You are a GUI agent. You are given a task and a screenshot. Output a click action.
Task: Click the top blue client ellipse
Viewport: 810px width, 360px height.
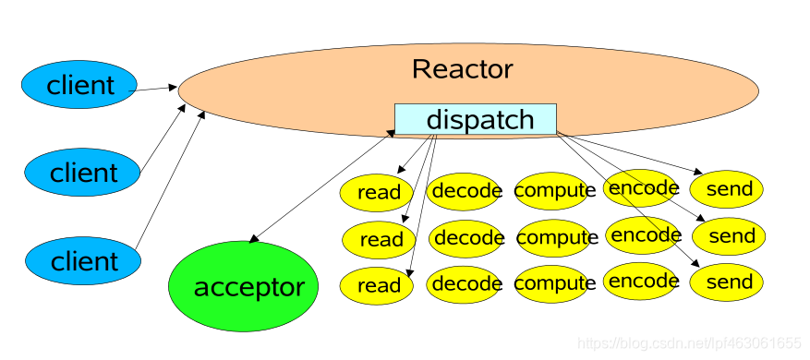80,86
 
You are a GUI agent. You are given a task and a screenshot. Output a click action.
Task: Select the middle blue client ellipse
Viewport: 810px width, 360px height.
83,172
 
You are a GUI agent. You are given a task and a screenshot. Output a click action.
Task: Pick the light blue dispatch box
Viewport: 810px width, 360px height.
476,120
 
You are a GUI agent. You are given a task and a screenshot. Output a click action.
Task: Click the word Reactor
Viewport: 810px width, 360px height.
462,69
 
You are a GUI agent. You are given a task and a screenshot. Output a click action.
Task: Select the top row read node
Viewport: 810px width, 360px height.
378,192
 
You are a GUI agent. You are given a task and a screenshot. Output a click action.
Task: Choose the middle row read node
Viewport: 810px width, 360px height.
380,240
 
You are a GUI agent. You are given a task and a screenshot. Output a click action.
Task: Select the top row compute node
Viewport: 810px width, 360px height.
555,191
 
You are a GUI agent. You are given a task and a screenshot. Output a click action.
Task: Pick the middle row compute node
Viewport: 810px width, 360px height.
557,238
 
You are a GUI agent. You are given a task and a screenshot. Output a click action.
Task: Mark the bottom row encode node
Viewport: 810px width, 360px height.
645,281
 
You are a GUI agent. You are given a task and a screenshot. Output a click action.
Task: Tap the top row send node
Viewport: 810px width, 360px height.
728,189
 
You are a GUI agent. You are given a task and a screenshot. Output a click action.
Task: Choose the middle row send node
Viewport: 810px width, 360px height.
730,236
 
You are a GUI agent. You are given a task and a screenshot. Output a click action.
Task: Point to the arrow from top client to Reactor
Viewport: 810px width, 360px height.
155,90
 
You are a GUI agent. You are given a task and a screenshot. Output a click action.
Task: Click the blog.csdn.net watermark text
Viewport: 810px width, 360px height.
688,342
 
